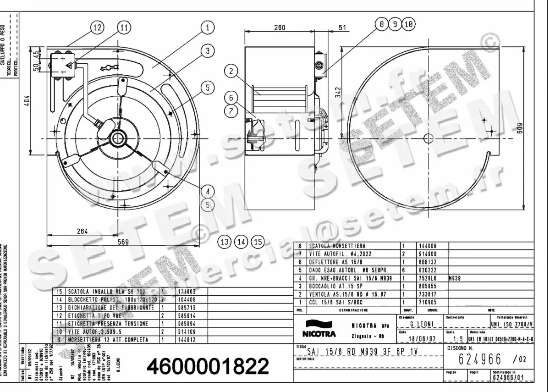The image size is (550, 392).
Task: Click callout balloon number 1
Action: (x=208, y=28)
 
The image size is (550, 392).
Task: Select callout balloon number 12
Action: (x=97, y=28)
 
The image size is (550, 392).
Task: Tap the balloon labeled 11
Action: (x=124, y=28)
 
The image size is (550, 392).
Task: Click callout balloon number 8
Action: (x=381, y=24)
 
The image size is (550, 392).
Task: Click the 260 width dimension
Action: (x=279, y=28)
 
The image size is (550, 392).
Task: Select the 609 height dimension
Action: (x=532, y=129)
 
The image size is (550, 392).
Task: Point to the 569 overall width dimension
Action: (x=122, y=242)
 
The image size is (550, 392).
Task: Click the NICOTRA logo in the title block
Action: (x=319, y=330)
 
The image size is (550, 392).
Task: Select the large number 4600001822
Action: (x=208, y=366)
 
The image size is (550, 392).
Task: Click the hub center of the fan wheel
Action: (x=119, y=137)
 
